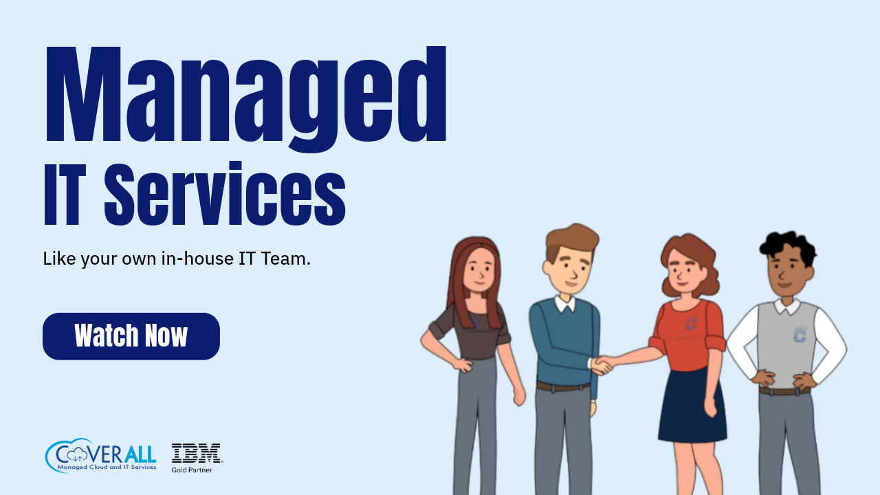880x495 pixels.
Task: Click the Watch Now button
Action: [x=131, y=336]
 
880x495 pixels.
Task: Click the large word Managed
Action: [x=246, y=98]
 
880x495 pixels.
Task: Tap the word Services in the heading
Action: [x=225, y=193]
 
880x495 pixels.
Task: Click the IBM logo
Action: [x=197, y=453]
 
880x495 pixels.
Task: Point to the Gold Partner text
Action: [x=192, y=470]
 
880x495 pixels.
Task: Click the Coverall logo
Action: [x=100, y=455]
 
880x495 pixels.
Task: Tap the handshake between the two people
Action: [x=601, y=365]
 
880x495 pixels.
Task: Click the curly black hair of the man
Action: [x=789, y=246]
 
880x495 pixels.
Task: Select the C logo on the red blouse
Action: [x=691, y=323]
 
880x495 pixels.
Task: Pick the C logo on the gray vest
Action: [x=800, y=335]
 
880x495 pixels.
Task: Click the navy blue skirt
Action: [x=692, y=406]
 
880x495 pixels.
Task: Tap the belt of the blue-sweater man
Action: [x=563, y=386]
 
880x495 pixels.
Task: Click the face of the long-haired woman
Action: [x=478, y=271]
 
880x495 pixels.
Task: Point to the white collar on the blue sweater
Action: [x=565, y=304]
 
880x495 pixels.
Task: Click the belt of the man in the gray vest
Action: [x=784, y=391]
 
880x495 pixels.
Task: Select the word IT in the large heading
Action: [x=65, y=194]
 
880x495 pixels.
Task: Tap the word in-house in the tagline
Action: [x=197, y=259]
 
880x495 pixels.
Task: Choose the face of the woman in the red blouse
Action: [x=684, y=271]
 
